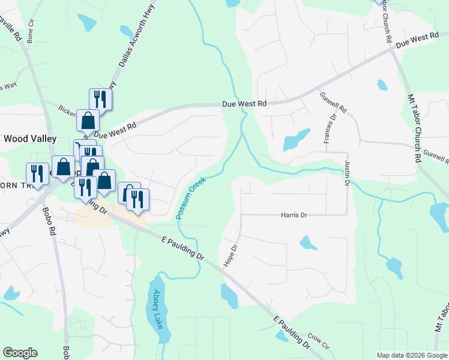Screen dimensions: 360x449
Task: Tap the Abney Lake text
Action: [158, 309]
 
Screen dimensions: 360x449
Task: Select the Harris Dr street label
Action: [294, 215]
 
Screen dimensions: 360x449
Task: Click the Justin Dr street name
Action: [346, 173]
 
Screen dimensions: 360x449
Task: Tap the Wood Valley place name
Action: [30, 139]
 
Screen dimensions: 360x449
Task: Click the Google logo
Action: [20, 353]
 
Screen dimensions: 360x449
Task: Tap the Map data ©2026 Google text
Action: [411, 355]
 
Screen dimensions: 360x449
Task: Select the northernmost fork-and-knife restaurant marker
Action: [100, 98]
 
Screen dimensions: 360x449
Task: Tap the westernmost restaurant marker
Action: [38, 173]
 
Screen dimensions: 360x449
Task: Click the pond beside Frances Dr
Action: [295, 140]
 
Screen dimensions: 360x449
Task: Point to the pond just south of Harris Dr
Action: [308, 243]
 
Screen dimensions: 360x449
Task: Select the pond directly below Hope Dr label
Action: [229, 295]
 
